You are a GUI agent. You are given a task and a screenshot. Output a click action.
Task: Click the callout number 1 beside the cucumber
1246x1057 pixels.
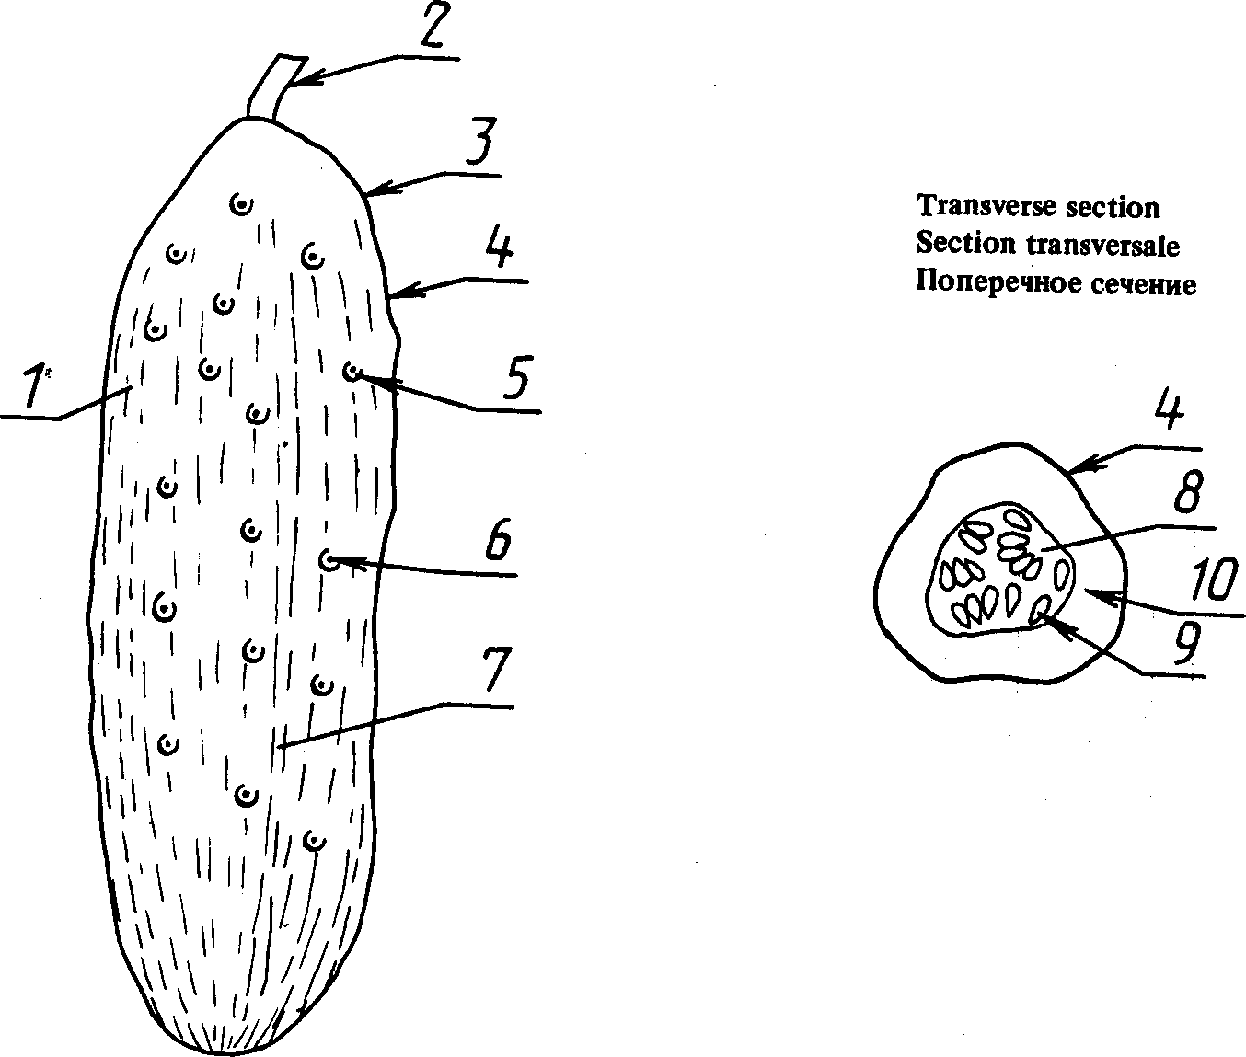[x=34, y=386]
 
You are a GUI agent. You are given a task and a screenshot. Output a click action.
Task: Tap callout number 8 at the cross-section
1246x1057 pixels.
[x=1188, y=494]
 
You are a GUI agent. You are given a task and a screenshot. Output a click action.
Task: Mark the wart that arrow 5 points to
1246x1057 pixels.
[x=351, y=372]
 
